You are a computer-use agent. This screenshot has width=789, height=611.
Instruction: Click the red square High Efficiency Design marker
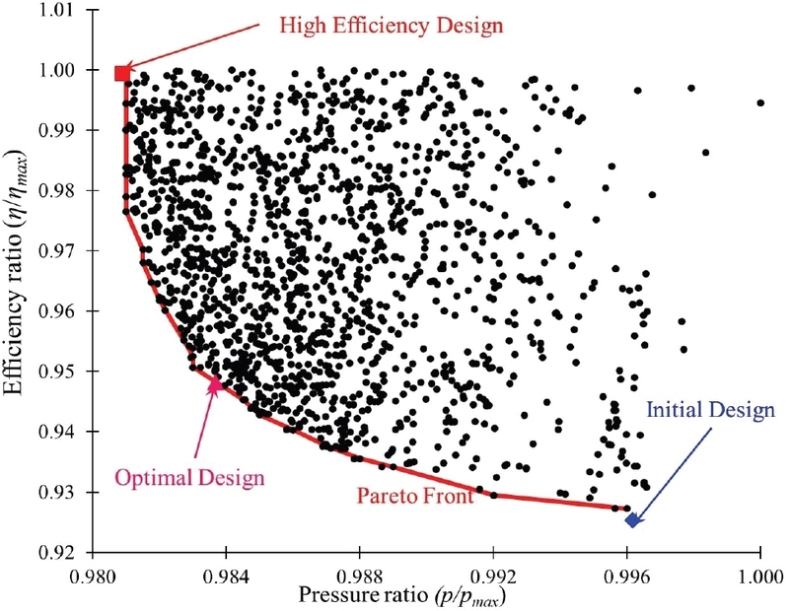pos(122,73)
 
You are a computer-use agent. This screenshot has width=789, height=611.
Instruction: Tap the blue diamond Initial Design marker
pos(633,519)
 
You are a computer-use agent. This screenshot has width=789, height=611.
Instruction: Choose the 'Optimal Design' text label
pos(190,478)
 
